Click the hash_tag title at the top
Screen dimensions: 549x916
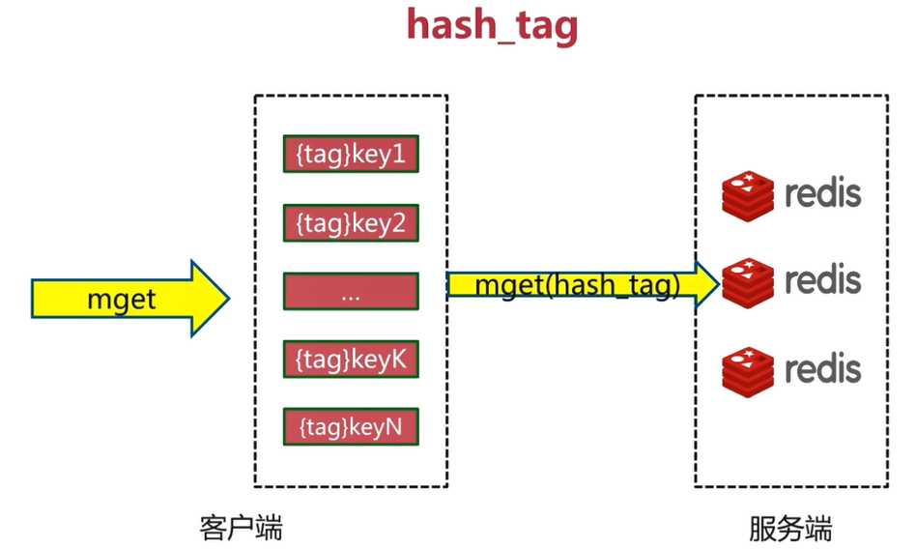click(x=492, y=25)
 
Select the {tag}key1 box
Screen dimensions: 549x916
click(x=351, y=155)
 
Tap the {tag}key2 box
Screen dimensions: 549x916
click(x=351, y=223)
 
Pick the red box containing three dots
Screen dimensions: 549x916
click(x=351, y=292)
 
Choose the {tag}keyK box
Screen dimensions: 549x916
click(x=351, y=360)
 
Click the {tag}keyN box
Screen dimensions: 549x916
click(x=351, y=427)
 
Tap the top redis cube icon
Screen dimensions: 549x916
click(x=748, y=193)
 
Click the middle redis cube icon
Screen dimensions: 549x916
click(x=748, y=282)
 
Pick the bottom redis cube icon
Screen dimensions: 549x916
click(x=748, y=369)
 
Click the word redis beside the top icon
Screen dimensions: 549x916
click(x=822, y=193)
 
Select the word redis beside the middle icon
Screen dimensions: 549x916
click(x=822, y=281)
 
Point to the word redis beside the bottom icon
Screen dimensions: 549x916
click(x=822, y=369)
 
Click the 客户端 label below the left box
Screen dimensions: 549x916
click(x=242, y=528)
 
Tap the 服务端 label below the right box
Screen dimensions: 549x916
click(x=789, y=528)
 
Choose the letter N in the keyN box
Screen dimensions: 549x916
click(x=394, y=427)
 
